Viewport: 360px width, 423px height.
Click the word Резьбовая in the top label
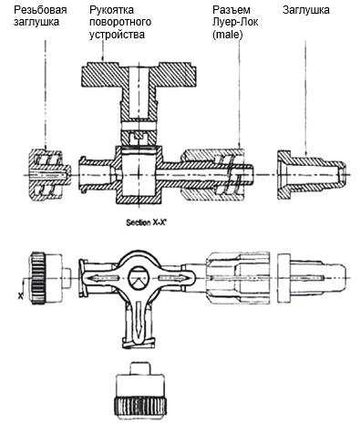40,10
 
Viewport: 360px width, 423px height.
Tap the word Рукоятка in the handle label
111,10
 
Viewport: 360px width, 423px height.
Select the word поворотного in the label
120,22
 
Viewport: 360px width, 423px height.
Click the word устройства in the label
117,35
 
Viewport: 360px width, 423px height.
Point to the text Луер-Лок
235,23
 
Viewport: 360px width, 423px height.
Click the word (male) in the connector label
228,35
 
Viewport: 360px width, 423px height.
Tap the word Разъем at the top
231,11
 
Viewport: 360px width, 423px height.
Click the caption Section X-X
147,223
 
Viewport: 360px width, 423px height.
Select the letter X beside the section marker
20,295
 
